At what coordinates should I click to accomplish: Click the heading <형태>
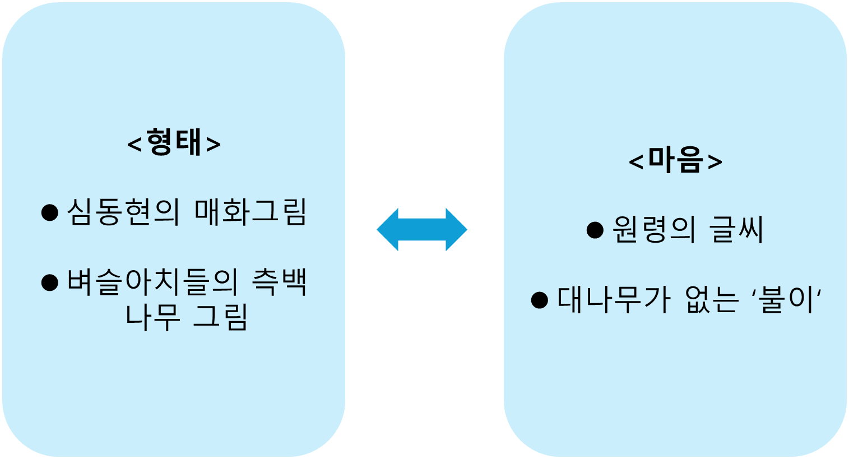(174, 142)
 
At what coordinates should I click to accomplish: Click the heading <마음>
(675, 160)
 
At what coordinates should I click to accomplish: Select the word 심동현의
(123, 212)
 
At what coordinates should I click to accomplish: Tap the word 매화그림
(250, 212)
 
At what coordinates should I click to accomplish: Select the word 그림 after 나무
(220, 317)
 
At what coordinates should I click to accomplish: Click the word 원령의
(653, 230)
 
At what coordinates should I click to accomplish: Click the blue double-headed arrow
(422, 229)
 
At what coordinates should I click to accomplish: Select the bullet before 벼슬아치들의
(50, 282)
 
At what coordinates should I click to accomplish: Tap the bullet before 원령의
(595, 230)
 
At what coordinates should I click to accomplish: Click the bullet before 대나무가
(539, 300)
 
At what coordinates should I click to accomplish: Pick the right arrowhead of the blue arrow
(456, 229)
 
